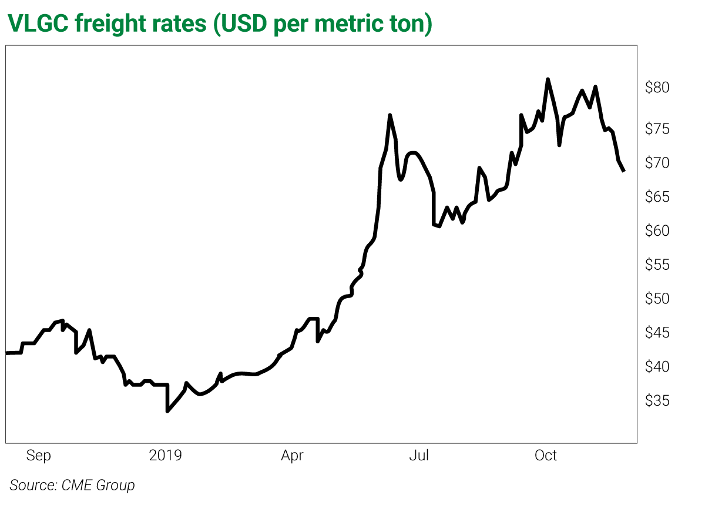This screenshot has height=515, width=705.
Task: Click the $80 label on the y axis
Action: (x=657, y=88)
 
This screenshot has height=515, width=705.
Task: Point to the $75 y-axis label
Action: (x=657, y=129)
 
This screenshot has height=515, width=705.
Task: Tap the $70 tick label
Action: (x=657, y=163)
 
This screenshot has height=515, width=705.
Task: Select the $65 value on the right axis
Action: (x=657, y=197)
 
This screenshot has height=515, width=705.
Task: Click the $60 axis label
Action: (x=657, y=231)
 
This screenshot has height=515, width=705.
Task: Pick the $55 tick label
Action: (x=657, y=265)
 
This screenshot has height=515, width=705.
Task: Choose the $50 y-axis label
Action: (x=657, y=299)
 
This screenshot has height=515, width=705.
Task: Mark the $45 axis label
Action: (x=657, y=333)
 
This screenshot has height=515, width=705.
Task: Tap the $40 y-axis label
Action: (x=657, y=367)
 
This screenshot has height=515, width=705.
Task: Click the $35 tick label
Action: (x=657, y=401)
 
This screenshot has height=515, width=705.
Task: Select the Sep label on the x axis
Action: (x=39, y=456)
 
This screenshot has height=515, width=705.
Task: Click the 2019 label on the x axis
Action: (x=166, y=456)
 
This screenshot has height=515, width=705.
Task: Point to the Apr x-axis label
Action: (x=292, y=456)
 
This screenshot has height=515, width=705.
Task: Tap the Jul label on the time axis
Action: (x=420, y=456)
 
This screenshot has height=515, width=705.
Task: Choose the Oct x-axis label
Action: (x=546, y=456)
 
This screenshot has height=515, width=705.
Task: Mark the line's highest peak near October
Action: (x=548, y=79)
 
